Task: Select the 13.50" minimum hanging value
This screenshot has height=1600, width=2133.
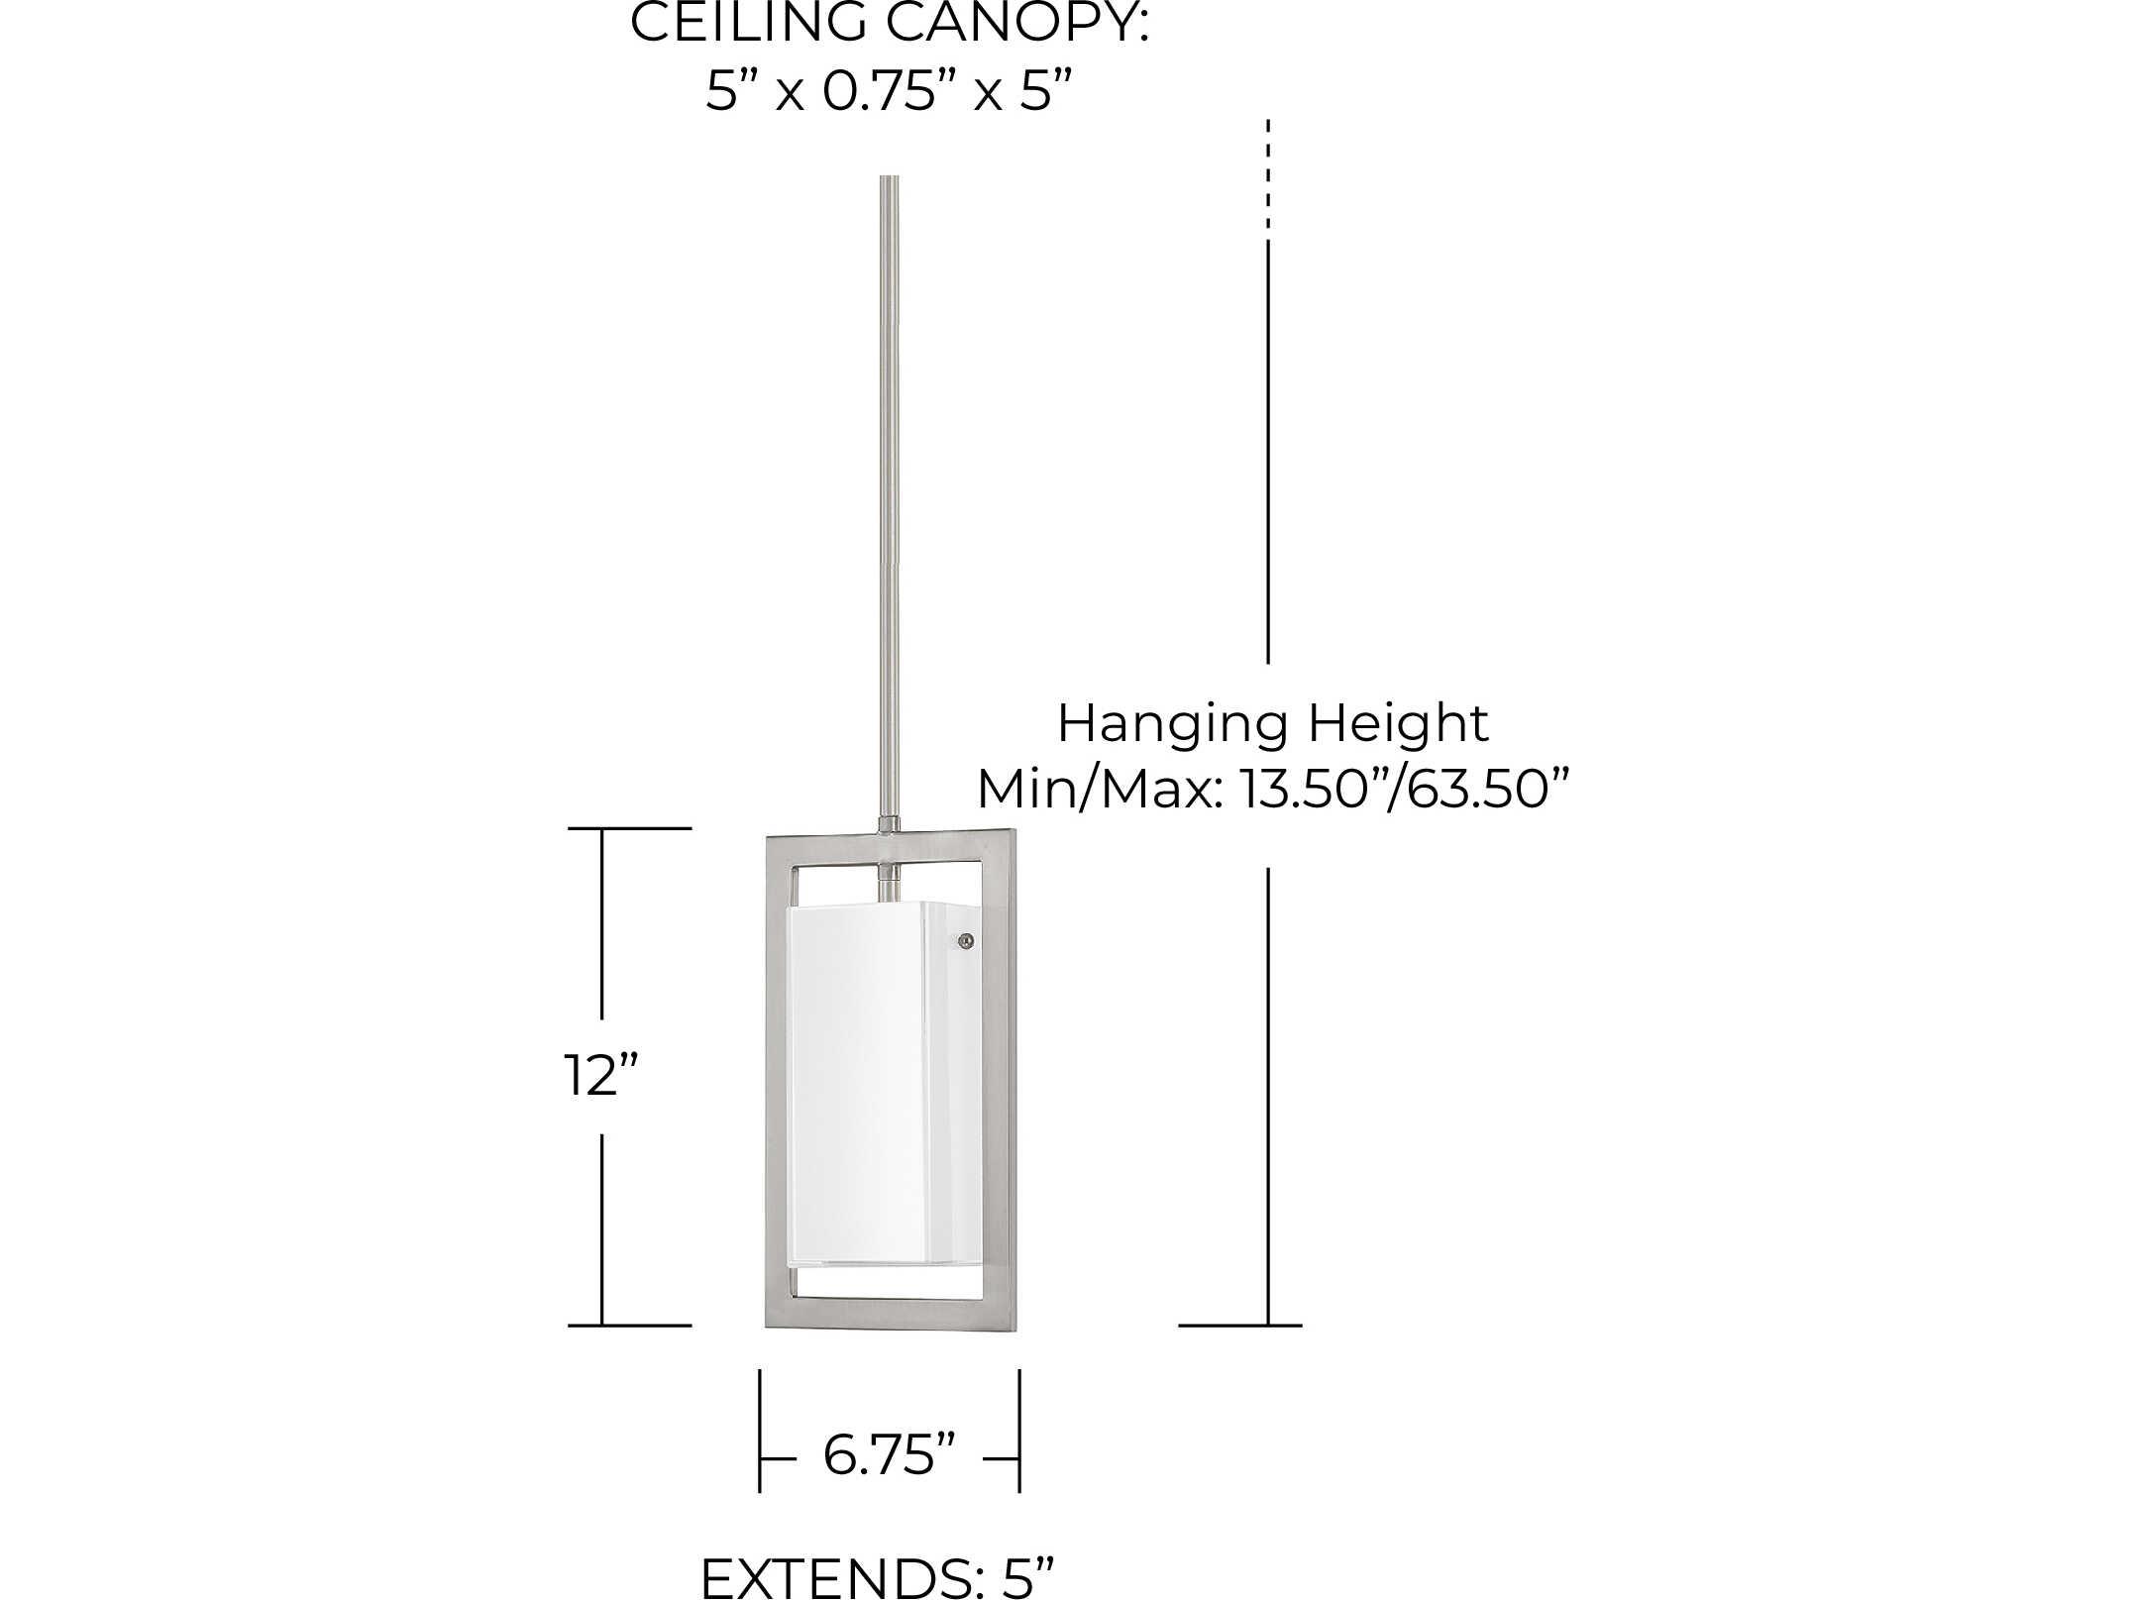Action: [x=1314, y=790]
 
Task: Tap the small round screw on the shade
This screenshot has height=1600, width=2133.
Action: [x=966, y=942]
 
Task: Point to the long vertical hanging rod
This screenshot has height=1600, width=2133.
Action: [x=890, y=495]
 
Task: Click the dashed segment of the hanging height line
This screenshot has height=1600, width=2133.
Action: [x=1268, y=178]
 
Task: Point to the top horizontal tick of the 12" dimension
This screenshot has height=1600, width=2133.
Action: [x=629, y=828]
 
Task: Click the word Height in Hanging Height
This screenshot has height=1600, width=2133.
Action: [x=1397, y=724]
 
